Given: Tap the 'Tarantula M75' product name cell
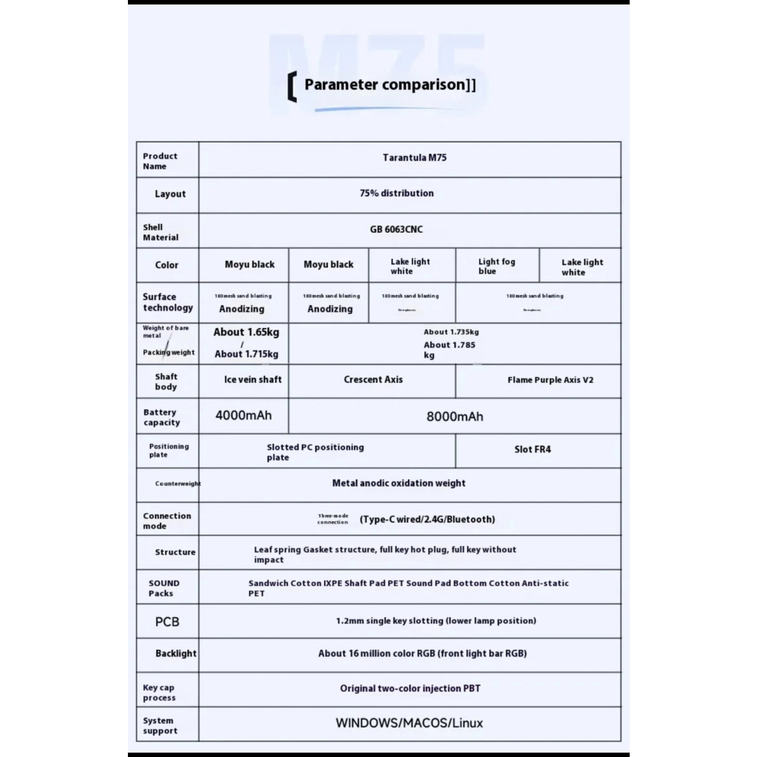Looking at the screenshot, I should point(414,157).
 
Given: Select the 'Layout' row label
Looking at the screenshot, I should point(170,194).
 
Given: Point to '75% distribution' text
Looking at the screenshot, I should point(396,193).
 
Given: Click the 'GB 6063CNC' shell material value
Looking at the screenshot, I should point(396,229).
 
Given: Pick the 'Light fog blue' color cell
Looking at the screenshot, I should point(497,266).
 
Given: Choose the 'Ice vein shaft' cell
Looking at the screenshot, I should point(253,379).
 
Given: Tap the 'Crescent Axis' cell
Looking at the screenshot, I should point(373,379).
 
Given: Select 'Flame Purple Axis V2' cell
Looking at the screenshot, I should point(550,380).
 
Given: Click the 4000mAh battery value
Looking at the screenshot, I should point(243,415).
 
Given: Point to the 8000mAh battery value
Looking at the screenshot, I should point(455,417).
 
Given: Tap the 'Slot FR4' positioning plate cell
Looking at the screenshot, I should point(532,449).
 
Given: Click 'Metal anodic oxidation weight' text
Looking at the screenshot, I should point(398,483).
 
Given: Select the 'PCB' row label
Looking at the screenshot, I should point(167,622).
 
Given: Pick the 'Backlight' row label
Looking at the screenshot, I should point(176,654).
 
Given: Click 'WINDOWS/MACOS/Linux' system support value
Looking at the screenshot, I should point(409,723).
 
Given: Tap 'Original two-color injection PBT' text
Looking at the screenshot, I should point(410,688).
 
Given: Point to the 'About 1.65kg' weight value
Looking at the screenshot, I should point(246,332).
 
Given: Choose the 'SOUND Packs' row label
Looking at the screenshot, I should point(163,588).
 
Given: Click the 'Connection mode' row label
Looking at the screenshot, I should point(167,521).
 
